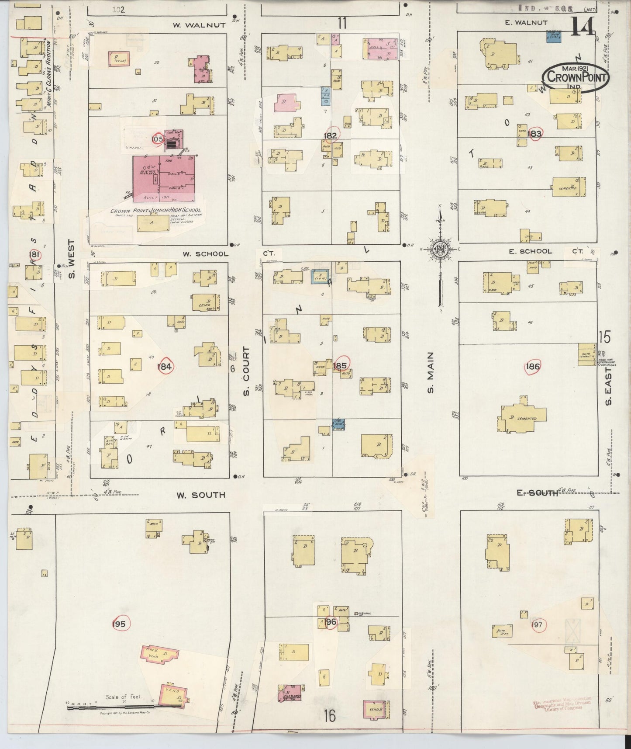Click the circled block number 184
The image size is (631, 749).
(x=165, y=367)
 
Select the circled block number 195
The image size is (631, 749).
(x=118, y=624)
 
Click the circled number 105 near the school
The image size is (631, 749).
(x=157, y=139)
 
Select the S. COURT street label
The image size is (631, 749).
(x=246, y=372)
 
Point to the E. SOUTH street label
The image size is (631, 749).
(x=537, y=493)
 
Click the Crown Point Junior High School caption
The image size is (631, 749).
(x=155, y=210)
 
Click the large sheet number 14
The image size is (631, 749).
(x=582, y=27)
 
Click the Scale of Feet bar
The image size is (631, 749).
(x=111, y=707)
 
